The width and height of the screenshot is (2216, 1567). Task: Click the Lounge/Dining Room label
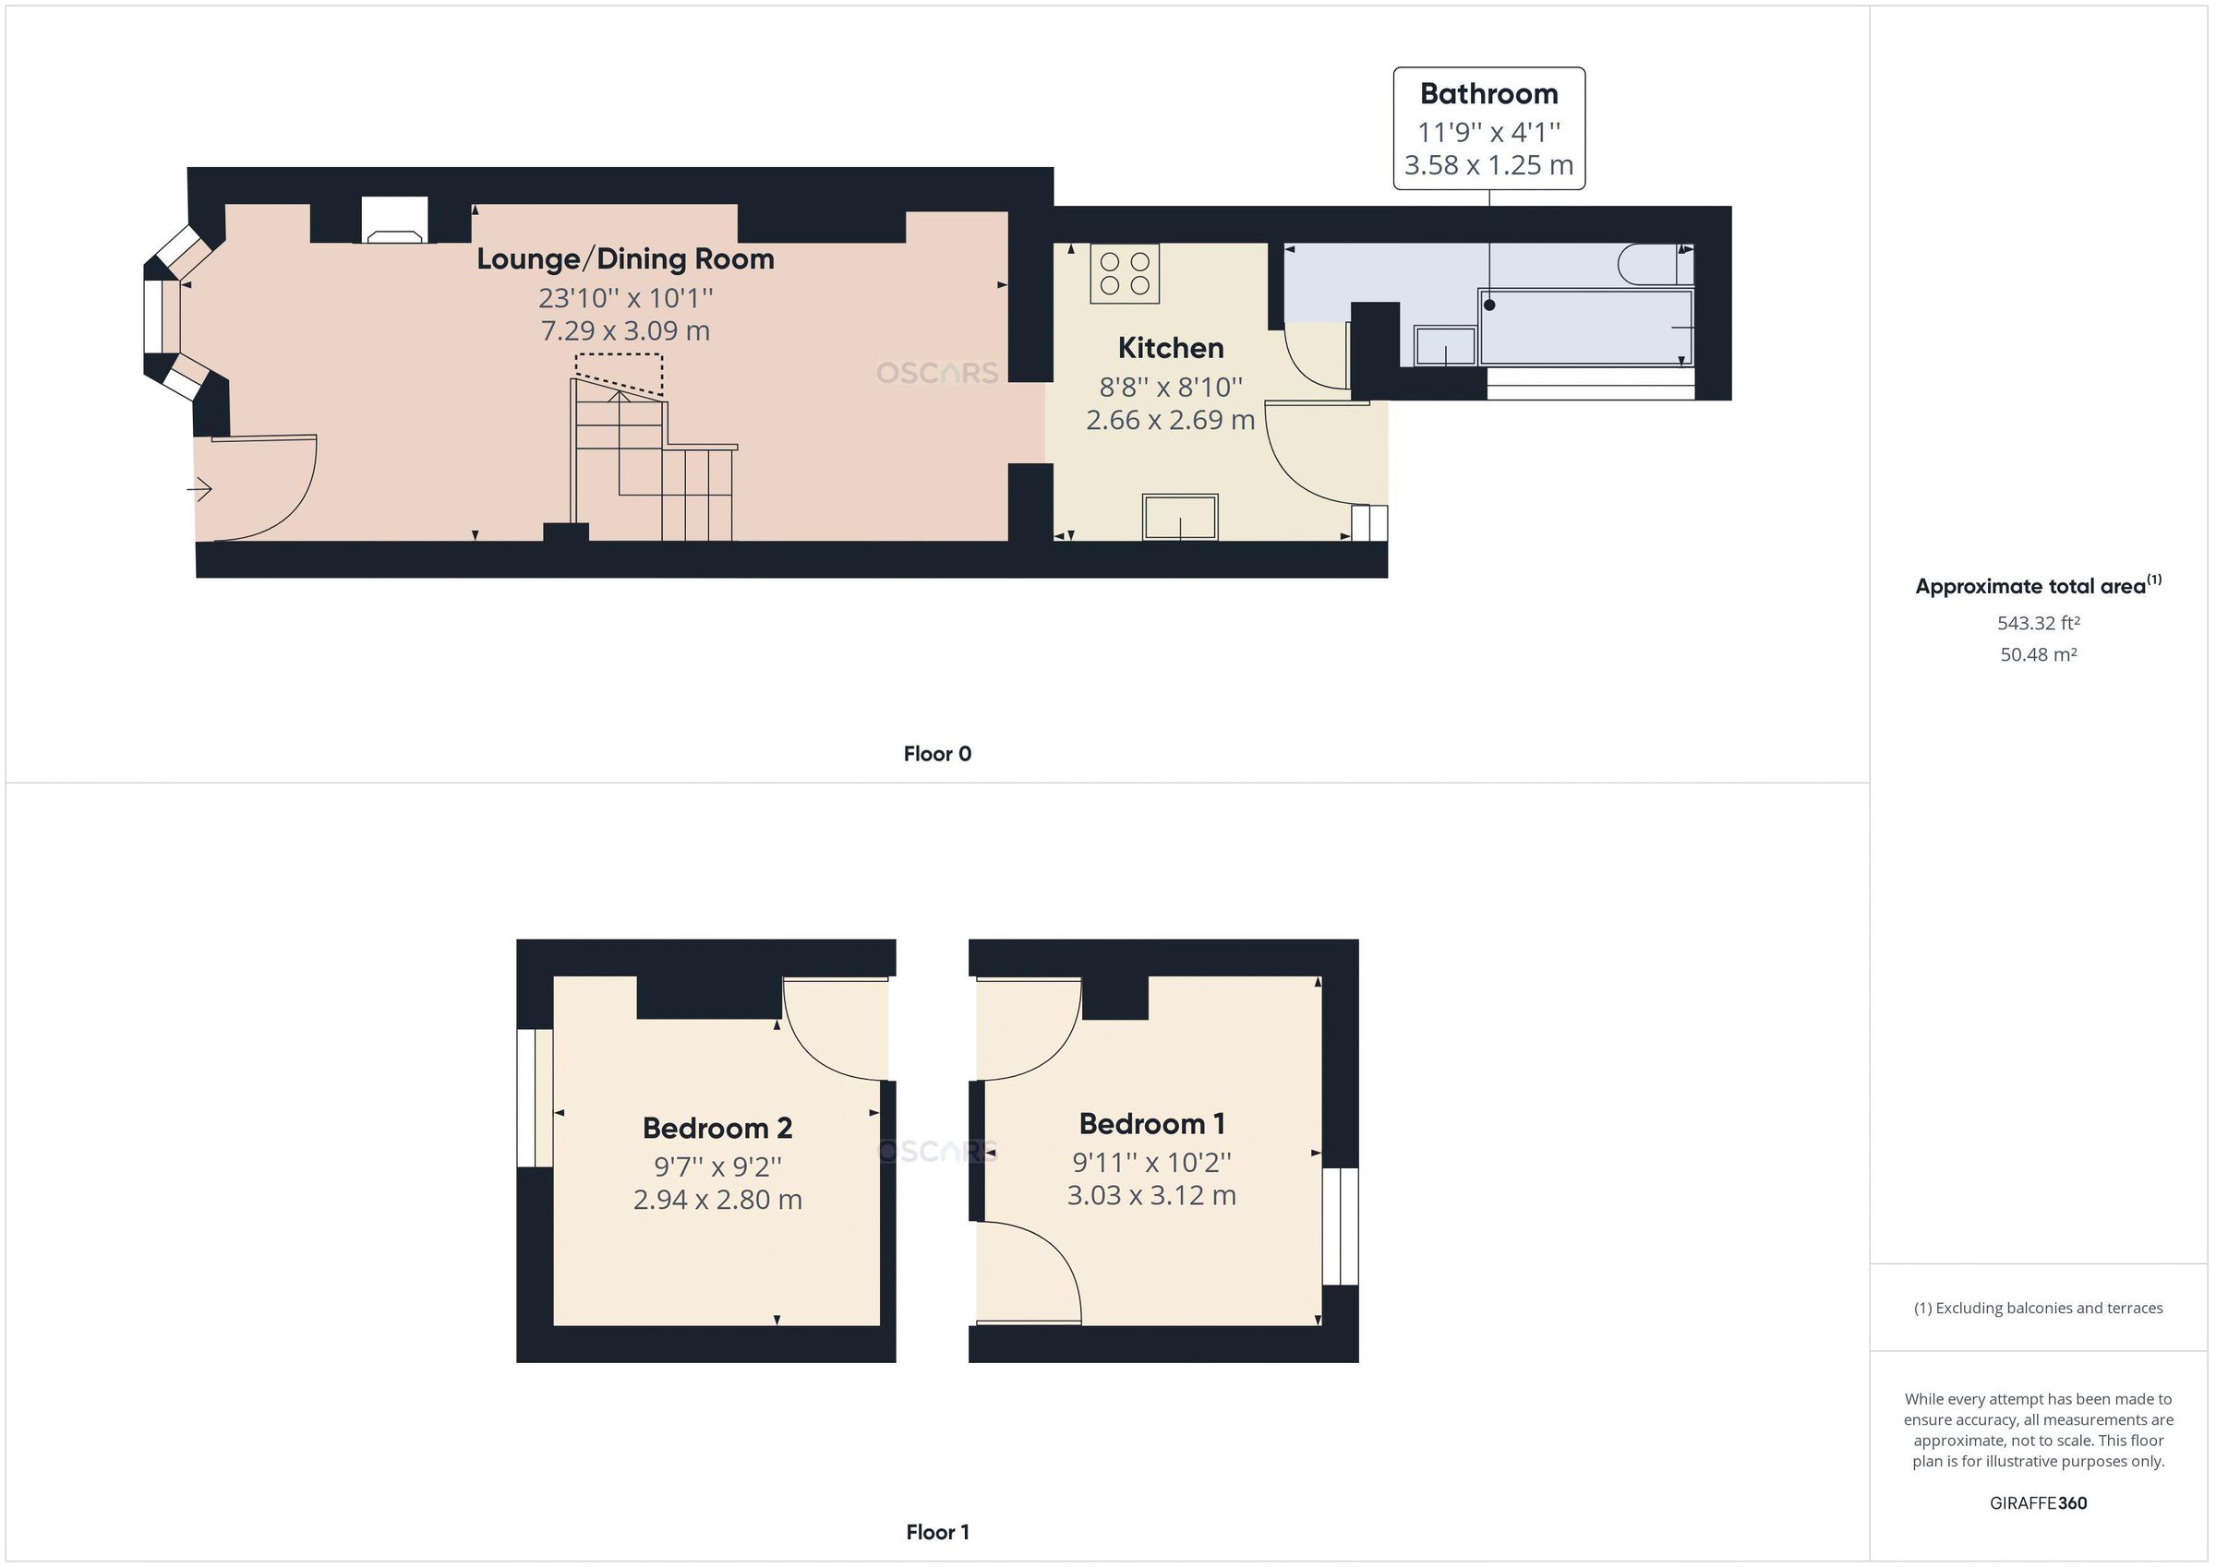pyautogui.click(x=625, y=258)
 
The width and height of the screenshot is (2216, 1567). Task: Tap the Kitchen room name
pyautogui.click(x=1170, y=347)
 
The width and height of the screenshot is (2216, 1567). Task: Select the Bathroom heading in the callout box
pyautogui.click(x=1488, y=93)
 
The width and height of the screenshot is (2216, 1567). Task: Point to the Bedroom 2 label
pyautogui.click(x=717, y=1127)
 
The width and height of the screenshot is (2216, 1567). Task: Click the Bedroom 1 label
pyautogui.click(x=1151, y=1123)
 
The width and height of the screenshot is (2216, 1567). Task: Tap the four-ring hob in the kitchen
pyautogui.click(x=1125, y=273)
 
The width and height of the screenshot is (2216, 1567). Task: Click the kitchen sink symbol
pyautogui.click(x=1179, y=516)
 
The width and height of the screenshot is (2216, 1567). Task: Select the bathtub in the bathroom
pyautogui.click(x=1584, y=327)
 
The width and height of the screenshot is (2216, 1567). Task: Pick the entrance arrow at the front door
pyautogui.click(x=199, y=490)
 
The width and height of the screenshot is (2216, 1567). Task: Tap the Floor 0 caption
pyautogui.click(x=937, y=754)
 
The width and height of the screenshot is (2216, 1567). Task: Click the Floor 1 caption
pyautogui.click(x=937, y=1531)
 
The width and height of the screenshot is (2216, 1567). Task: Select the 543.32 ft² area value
pyautogui.click(x=2038, y=623)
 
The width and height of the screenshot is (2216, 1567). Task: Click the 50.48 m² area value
pyautogui.click(x=2038, y=654)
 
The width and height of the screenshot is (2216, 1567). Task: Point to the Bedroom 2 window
pyautogui.click(x=535, y=1098)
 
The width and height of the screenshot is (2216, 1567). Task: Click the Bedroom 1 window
pyautogui.click(x=1340, y=1226)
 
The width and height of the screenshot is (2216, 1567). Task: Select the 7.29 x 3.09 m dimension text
pyautogui.click(x=625, y=331)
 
